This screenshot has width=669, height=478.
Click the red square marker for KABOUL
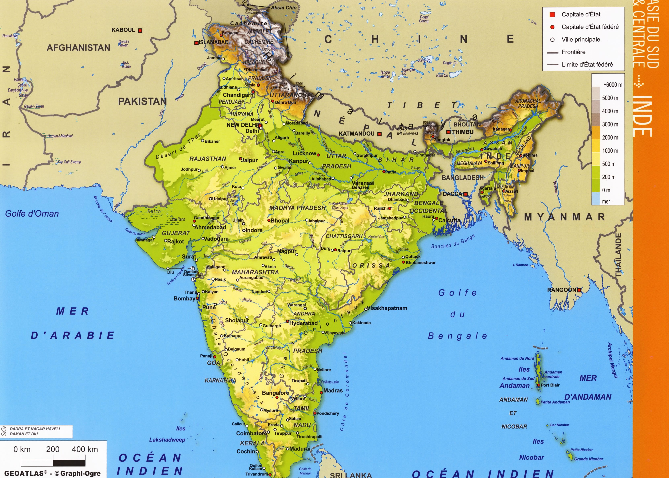pyautogui.click(x=140, y=30)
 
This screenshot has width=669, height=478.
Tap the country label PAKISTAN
pyautogui.click(x=142, y=102)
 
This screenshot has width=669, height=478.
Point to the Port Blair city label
pyautogui.click(x=550, y=385)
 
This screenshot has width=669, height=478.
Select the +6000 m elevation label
pyautogui.click(x=612, y=85)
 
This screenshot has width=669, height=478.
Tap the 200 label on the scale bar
pyautogui.click(x=53, y=449)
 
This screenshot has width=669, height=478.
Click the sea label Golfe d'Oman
pyautogui.click(x=32, y=214)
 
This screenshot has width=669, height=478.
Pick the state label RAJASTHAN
pyautogui.click(x=208, y=159)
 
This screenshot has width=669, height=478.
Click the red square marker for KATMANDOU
pyautogui.click(x=379, y=134)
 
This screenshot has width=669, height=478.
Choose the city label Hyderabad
pyautogui.click(x=303, y=323)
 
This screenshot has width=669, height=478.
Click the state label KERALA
pyautogui.click(x=252, y=443)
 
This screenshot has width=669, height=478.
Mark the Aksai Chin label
pyautogui.click(x=284, y=8)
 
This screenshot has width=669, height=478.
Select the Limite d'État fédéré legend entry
pyautogui.click(x=587, y=65)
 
